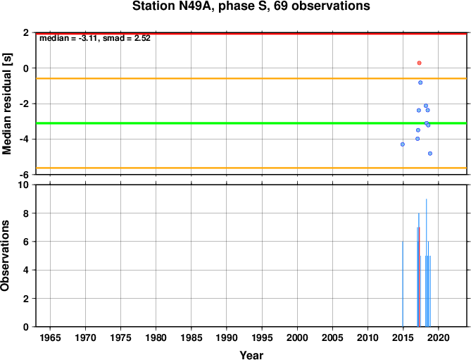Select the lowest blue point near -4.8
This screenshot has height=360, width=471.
(x=430, y=154)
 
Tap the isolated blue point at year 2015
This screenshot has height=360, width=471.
(x=403, y=144)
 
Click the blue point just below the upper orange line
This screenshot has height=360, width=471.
(x=420, y=82)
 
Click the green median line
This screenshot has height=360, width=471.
(x=251, y=123)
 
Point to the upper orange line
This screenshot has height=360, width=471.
(x=251, y=78)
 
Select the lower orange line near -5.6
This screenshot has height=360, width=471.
(x=251, y=168)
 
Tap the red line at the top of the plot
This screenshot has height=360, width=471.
(x=251, y=33)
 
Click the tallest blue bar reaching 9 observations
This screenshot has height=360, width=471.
(x=426, y=263)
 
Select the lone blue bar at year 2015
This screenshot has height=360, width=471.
(x=403, y=284)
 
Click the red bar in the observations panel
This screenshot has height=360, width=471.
(x=418, y=277)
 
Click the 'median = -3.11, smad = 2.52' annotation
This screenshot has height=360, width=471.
(x=95, y=38)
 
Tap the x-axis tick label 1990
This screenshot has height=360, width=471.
(x=227, y=337)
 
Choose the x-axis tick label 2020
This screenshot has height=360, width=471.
(x=438, y=337)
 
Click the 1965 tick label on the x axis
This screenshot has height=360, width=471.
(x=50, y=337)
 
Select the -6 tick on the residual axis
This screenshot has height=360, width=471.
(x=25, y=175)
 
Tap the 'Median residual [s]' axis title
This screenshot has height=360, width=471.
(x=6, y=104)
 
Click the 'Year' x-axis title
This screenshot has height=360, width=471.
(x=251, y=355)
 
